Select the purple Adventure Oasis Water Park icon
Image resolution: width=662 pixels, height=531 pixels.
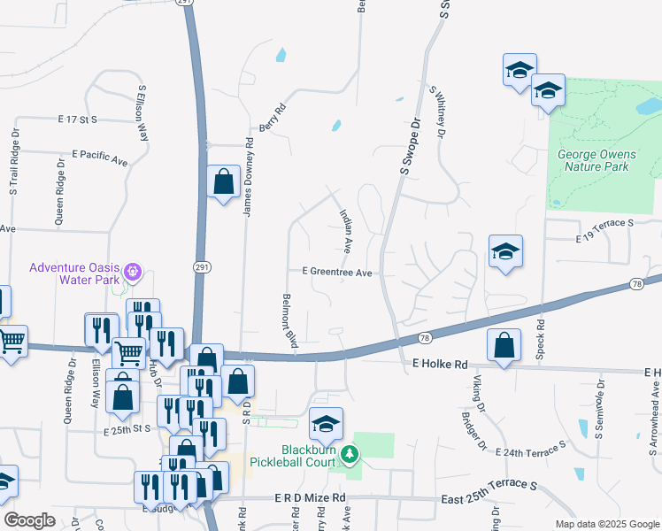coord(134,270)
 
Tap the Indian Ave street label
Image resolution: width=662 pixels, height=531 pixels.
coord(347,229)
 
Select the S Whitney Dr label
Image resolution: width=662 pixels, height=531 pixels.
coord(439,111)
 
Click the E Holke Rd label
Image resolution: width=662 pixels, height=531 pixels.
coord(439,364)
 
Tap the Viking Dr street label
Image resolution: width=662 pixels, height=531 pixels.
coord(480,394)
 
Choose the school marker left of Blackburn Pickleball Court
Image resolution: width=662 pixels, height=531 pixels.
coord(326,427)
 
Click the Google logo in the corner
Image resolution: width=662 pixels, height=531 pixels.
coord(29,520)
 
